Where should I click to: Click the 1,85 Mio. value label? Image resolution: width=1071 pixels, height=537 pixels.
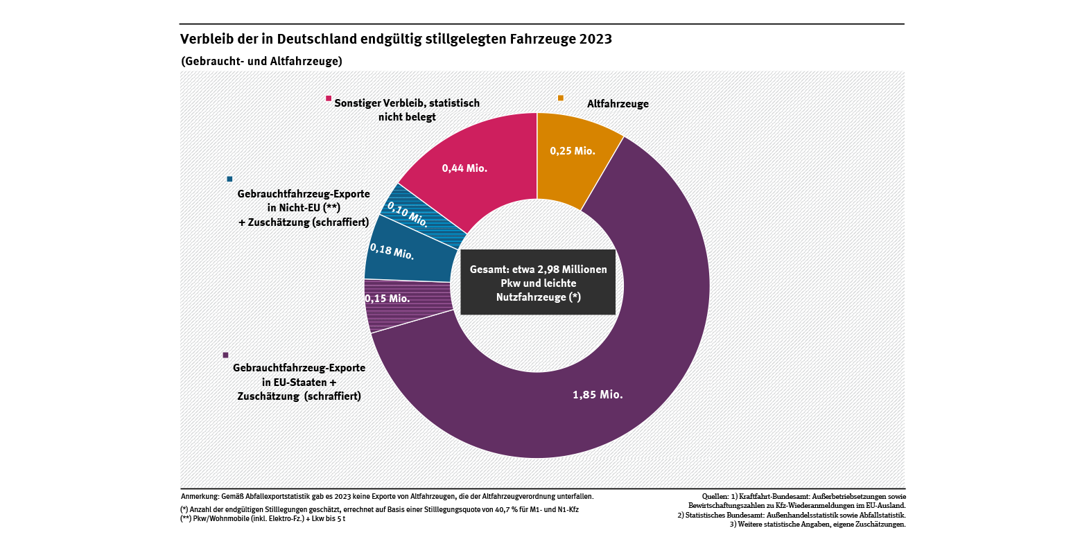point(597,395)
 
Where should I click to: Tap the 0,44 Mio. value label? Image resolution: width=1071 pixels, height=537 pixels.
point(465,167)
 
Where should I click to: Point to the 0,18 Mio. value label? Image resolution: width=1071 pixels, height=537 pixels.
point(392,251)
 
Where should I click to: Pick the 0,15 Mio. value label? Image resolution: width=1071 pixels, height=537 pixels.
point(388,299)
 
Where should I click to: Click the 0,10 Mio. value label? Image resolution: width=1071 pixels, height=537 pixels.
point(407,213)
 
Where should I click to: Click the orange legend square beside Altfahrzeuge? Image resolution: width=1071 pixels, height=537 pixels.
point(561,98)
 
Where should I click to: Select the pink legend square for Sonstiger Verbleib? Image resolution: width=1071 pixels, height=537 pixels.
point(329,98)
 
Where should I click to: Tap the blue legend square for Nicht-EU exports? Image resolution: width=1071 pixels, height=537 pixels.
point(229,179)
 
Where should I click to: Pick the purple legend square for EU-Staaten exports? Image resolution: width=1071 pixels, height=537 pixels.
point(225,355)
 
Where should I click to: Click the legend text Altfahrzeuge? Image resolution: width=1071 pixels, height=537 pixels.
point(618,104)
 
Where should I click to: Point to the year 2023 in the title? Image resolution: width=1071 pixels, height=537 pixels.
point(594,39)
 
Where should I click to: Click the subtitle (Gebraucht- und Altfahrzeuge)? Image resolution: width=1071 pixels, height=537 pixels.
point(261,61)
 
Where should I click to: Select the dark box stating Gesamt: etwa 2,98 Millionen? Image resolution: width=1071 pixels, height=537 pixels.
point(538,282)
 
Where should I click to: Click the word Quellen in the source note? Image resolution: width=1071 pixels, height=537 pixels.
point(715,496)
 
